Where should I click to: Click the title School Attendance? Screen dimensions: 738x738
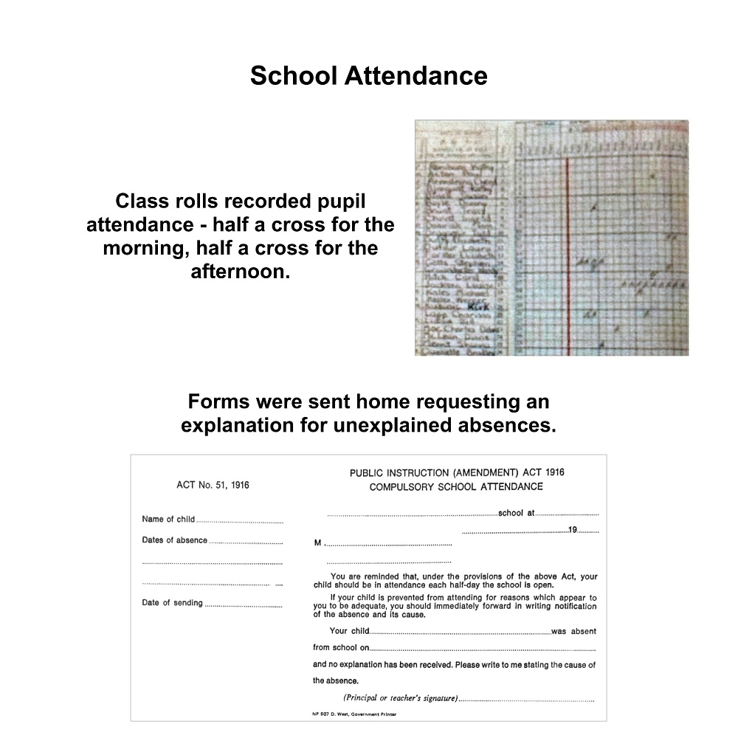coord(368,75)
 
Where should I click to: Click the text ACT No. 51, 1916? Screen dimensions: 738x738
coord(213,485)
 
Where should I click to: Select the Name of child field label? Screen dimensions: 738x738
coord(168,519)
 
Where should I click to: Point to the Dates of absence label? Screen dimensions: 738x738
coord(175,540)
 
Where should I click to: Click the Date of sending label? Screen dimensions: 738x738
coord(172,603)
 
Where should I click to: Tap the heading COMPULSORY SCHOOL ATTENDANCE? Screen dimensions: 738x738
coord(456,486)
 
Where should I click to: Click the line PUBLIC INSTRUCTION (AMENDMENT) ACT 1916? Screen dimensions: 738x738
coord(457,472)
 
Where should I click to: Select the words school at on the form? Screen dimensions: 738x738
coord(517,513)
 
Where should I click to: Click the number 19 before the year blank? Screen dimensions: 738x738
coord(573,530)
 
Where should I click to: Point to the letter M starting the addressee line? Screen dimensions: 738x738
coord(318,544)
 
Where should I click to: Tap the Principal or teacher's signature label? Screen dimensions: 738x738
coord(400,697)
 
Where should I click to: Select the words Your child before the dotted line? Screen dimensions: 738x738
coord(348,631)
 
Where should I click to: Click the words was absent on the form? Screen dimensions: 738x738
coord(573,631)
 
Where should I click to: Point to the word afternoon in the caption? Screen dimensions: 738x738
coord(240,272)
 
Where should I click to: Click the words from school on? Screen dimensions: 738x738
coord(340,648)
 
